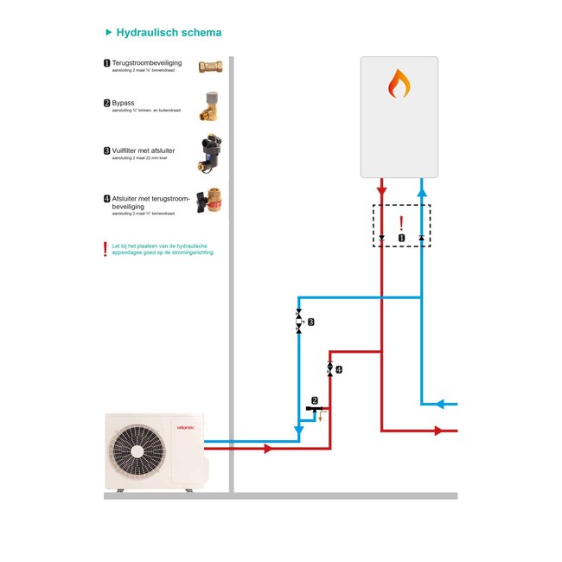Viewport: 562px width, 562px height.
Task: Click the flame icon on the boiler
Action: (x=399, y=84)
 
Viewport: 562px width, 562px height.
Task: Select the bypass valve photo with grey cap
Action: (x=210, y=105)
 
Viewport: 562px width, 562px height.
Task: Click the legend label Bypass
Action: (x=124, y=103)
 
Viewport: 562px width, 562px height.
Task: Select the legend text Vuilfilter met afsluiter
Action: (x=146, y=150)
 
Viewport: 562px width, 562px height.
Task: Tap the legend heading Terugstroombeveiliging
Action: (x=147, y=63)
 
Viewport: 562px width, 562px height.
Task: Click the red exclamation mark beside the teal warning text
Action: (x=105, y=250)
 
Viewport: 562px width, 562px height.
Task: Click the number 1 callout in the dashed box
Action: (x=401, y=237)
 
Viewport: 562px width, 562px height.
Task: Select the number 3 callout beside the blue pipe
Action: (x=311, y=322)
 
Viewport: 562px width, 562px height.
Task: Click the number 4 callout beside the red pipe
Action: (x=339, y=369)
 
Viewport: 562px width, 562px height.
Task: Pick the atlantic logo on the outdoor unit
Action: (x=186, y=426)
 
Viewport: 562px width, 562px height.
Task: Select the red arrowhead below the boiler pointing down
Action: (x=381, y=190)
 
